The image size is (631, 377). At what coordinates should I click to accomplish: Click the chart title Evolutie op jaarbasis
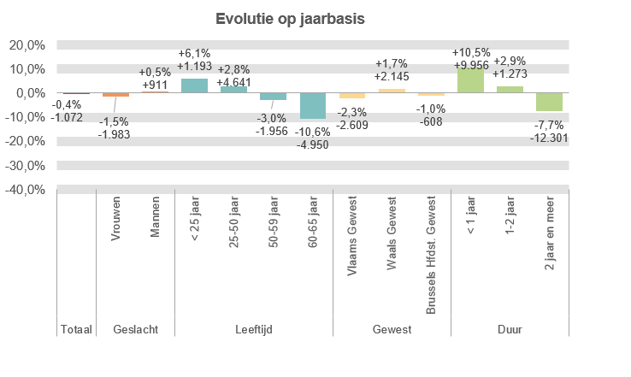tap(289, 19)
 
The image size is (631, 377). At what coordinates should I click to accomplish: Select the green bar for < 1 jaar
tap(470, 80)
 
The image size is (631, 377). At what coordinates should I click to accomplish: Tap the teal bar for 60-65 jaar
tap(313, 105)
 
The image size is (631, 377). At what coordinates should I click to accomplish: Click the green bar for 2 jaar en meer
tap(549, 102)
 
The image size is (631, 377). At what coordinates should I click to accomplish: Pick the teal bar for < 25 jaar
tap(194, 85)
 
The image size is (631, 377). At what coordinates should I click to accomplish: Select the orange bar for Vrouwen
tap(115, 95)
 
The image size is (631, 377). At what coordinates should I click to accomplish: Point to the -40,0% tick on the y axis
tap(27, 189)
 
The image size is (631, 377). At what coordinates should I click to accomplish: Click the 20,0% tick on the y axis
tap(27, 45)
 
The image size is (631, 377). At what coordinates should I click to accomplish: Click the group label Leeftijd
tap(253, 329)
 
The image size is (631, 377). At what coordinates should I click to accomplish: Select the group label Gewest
tap(392, 329)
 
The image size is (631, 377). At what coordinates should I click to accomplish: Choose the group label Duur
tap(510, 329)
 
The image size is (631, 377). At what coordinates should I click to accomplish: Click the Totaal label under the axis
tap(76, 329)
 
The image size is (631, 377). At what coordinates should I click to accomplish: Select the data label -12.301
tap(549, 138)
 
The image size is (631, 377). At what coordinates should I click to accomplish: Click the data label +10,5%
tap(470, 52)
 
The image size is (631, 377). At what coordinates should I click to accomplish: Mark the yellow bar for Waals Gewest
tap(392, 91)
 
